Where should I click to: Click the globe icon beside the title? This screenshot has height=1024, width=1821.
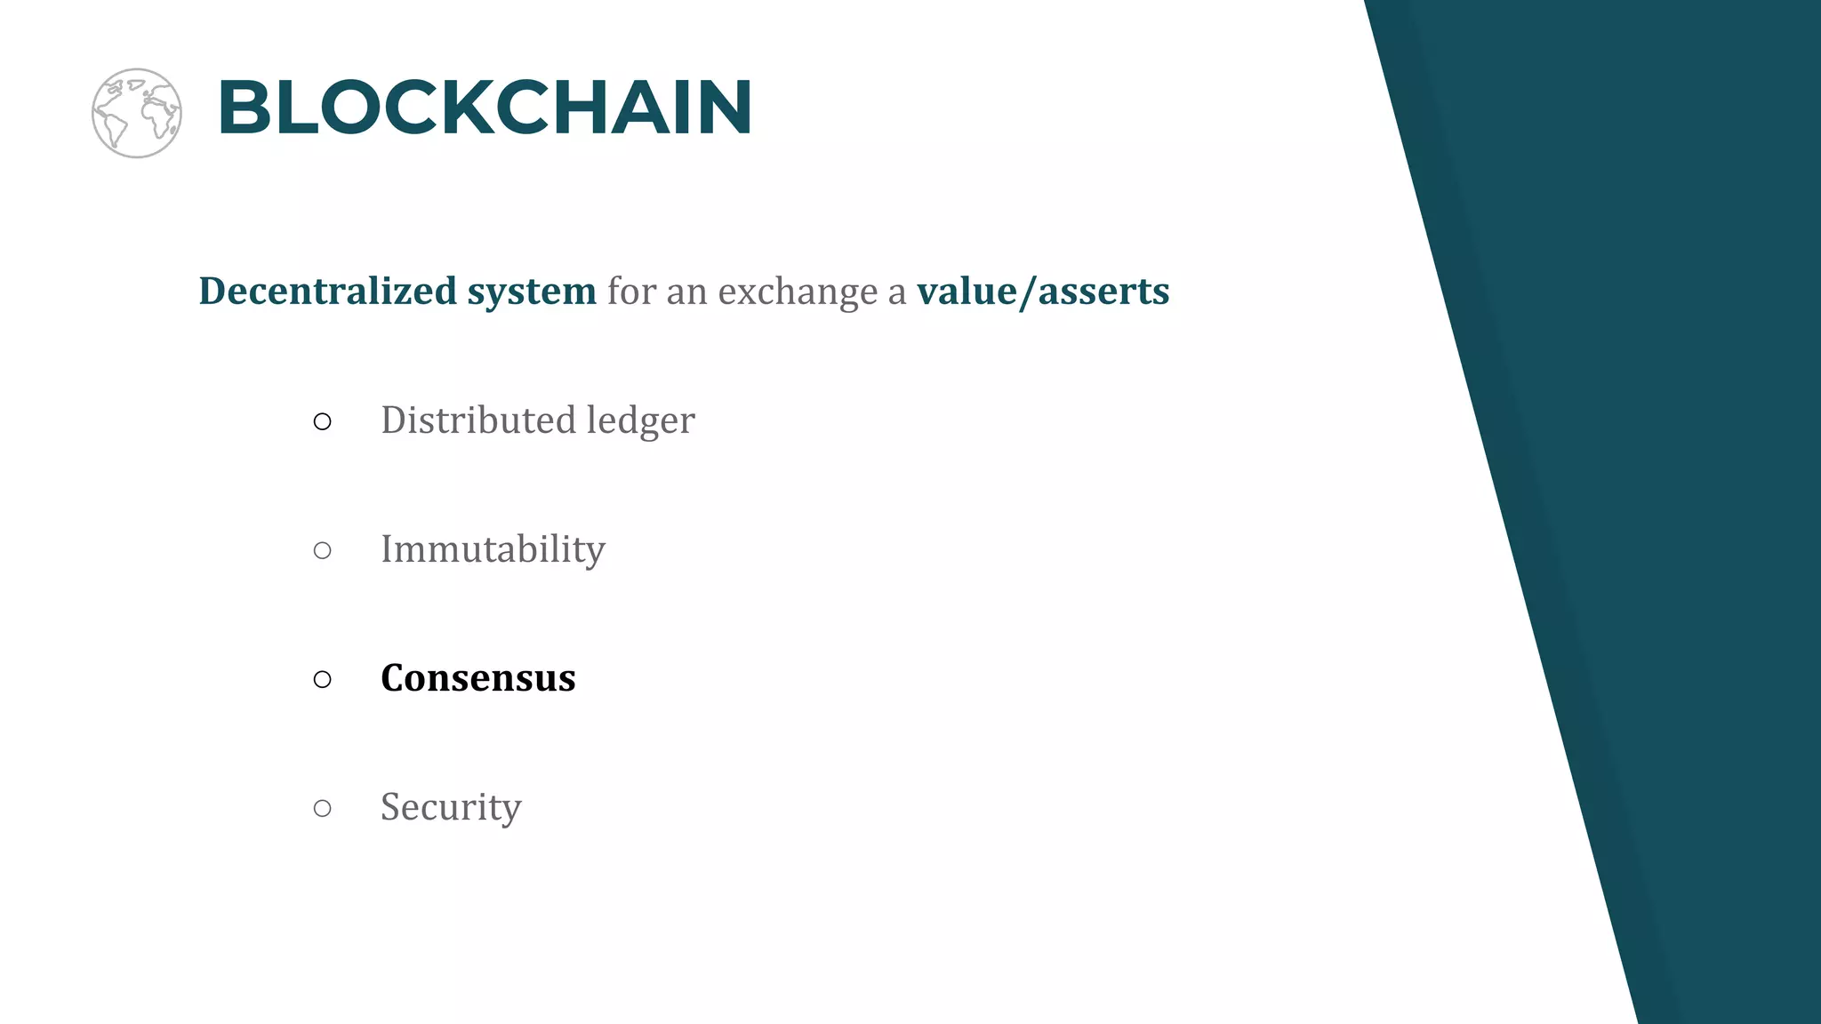(137, 113)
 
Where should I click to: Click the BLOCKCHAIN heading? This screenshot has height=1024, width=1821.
(485, 108)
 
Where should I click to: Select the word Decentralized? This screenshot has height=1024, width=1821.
(327, 292)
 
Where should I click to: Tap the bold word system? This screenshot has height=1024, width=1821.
(532, 292)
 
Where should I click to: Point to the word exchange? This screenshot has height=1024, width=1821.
(798, 292)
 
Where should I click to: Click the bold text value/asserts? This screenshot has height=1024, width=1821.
(1043, 292)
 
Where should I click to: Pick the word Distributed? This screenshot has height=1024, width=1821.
(477, 420)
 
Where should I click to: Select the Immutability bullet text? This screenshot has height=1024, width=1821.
(493, 549)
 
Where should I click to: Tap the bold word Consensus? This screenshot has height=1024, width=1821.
(478, 678)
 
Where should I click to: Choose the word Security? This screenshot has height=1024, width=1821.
(451, 807)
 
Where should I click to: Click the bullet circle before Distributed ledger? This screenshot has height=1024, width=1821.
(323, 422)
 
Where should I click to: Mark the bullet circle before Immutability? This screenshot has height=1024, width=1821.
(323, 551)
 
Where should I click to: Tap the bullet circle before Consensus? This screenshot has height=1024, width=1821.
(323, 680)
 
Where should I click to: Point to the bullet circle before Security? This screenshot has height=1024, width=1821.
(323, 808)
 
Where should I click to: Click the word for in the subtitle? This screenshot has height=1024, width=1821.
(630, 292)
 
